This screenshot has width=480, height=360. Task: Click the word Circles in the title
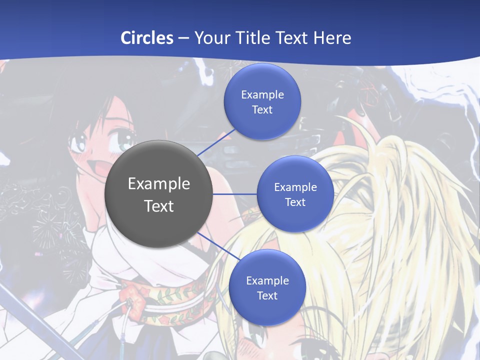(146, 38)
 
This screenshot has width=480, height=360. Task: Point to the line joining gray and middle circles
(235, 193)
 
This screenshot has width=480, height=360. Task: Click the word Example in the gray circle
(159, 184)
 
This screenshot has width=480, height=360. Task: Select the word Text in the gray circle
(159, 206)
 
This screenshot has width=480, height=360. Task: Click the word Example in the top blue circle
(262, 95)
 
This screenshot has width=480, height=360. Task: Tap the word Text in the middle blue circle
(295, 202)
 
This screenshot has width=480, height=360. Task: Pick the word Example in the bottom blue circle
(267, 281)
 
